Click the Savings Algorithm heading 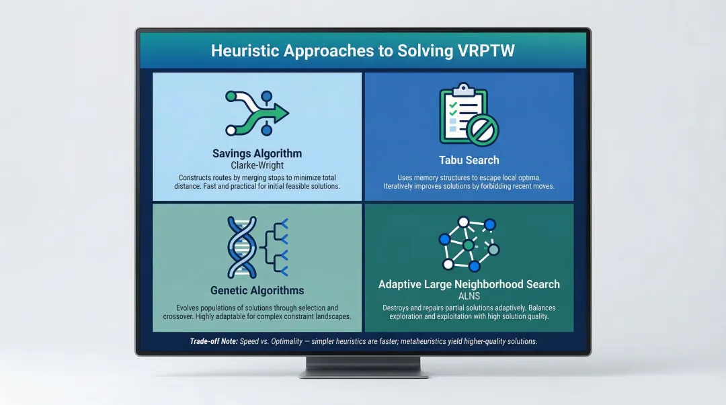click(x=257, y=154)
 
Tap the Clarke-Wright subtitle click(x=257, y=165)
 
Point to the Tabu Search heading click(x=469, y=160)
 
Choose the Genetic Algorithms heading click(x=257, y=291)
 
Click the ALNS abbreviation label click(x=469, y=296)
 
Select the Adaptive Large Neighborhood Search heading click(x=469, y=284)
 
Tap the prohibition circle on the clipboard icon click(x=483, y=129)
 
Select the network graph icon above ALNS click(x=469, y=242)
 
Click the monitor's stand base click(x=363, y=373)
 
